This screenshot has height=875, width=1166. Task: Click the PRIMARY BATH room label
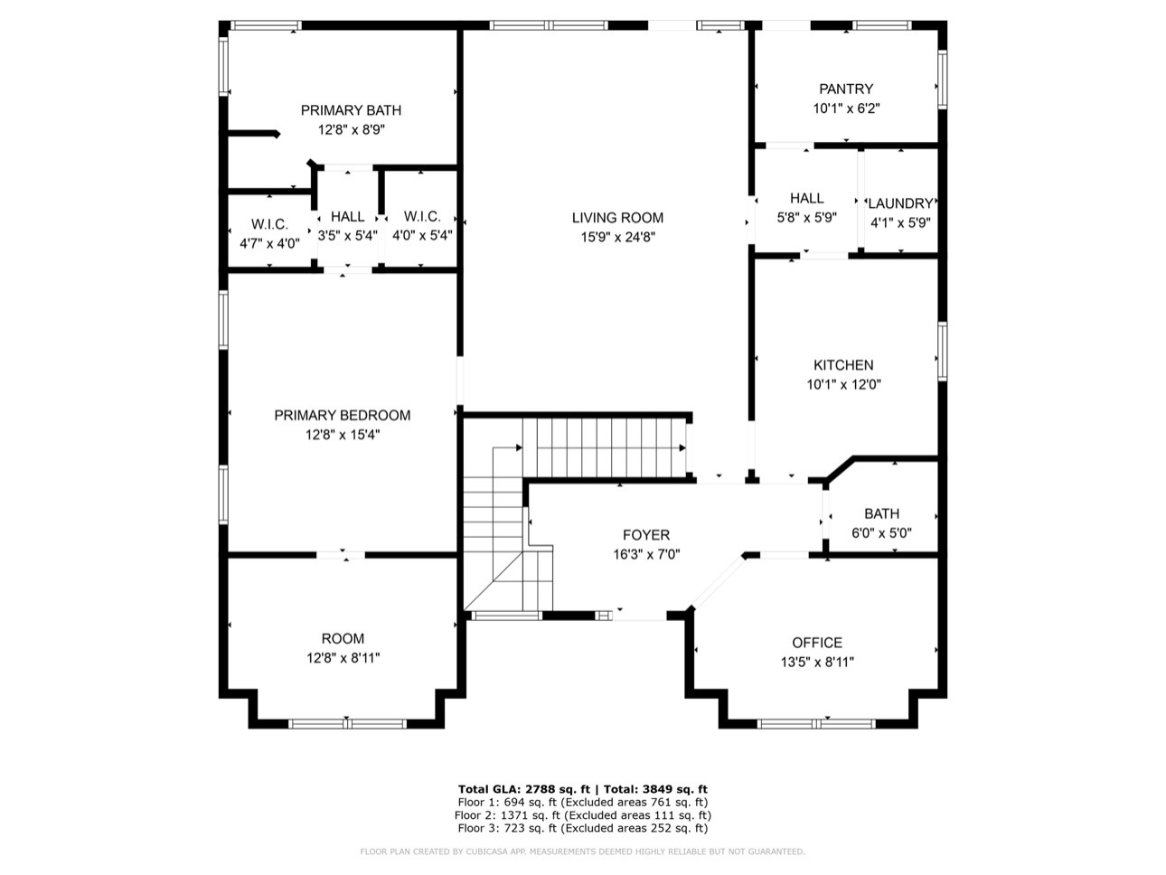pos(351,110)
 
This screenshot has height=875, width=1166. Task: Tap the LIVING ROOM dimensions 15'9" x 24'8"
pos(617,237)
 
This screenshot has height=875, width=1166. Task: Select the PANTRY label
pos(846,89)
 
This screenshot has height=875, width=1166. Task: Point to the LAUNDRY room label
pos(900,203)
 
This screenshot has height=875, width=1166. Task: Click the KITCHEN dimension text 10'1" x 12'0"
pos(843,384)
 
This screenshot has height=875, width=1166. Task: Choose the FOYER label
pos(646,535)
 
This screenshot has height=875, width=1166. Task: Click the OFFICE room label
pos(817,643)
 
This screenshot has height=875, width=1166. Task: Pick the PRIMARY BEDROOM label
pos(342,416)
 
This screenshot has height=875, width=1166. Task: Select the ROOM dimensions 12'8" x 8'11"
pos(343,658)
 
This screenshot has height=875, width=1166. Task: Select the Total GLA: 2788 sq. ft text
pos(523,789)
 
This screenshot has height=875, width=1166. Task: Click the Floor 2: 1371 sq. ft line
pos(583,815)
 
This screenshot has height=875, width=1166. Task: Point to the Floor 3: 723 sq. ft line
pos(583,828)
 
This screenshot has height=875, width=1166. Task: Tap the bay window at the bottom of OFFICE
pos(816,723)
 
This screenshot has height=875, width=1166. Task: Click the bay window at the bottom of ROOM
pos(347,723)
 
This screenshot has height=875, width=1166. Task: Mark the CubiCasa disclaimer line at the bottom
pos(583,851)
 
